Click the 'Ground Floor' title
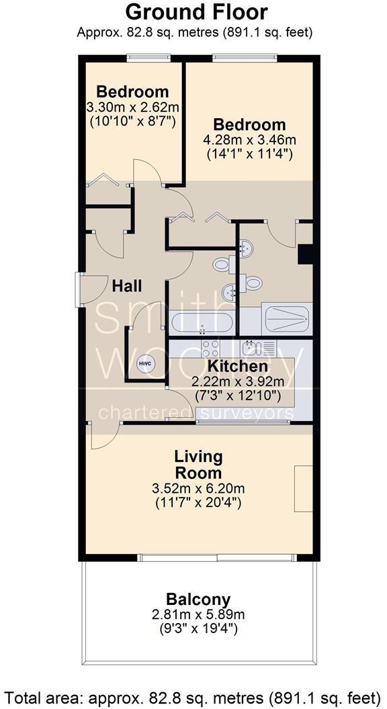(x=196, y=12)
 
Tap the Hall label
(x=126, y=286)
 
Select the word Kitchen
(x=237, y=367)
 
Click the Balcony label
(x=198, y=599)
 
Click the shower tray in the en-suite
(x=286, y=318)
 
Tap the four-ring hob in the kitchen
(x=209, y=348)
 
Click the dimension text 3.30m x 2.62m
(x=132, y=107)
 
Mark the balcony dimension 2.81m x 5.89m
(x=198, y=614)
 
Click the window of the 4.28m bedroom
(x=245, y=58)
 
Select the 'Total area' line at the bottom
(x=193, y=695)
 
